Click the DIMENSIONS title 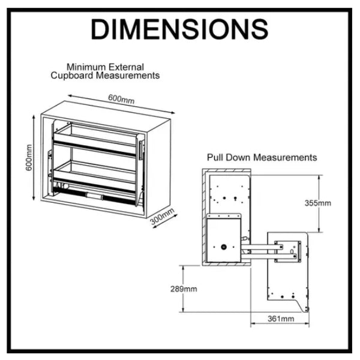tap(179, 28)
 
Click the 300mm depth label tap(161, 215)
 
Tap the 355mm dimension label tap(317, 203)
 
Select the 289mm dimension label tap(184, 289)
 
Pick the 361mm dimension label tap(280, 318)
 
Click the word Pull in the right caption tap(215, 157)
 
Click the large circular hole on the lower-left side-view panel tap(223, 247)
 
